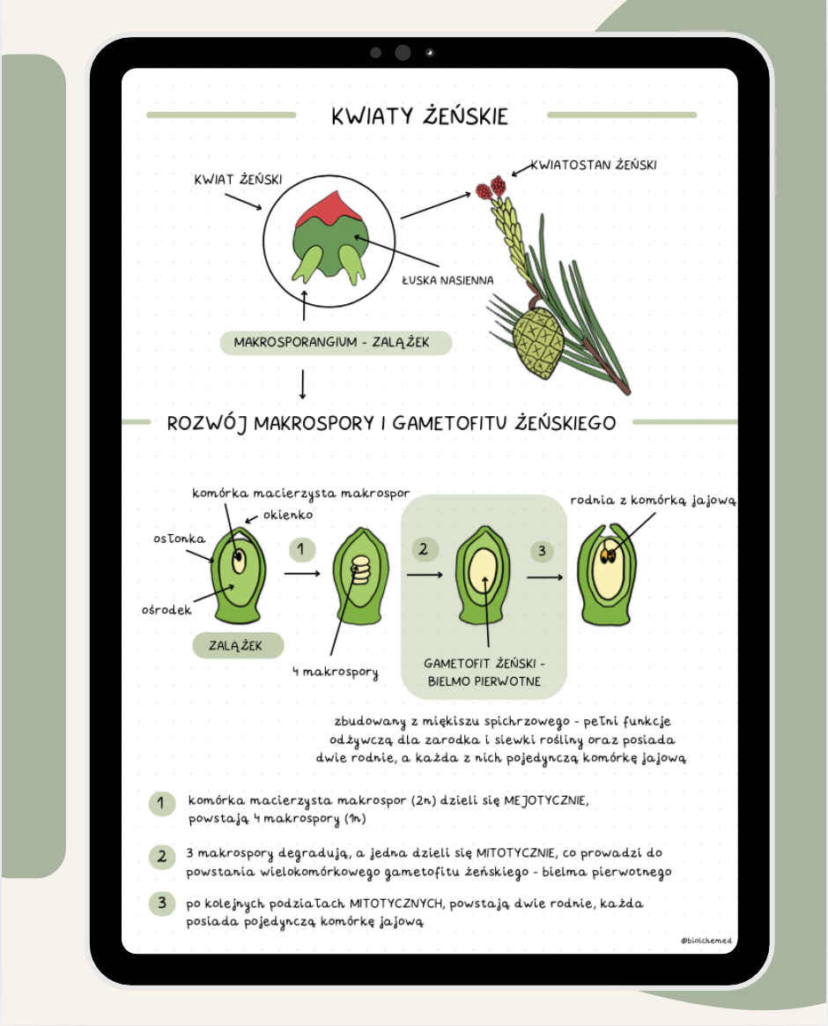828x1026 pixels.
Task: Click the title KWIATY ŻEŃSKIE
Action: [419, 116]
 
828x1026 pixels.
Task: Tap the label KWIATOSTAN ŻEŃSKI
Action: [594, 165]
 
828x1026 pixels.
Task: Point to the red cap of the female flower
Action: [321, 209]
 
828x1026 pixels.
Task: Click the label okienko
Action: [287, 515]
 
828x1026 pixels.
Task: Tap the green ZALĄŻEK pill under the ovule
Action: [238, 644]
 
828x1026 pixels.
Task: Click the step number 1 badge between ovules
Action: [301, 550]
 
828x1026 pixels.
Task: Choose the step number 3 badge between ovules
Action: [542, 551]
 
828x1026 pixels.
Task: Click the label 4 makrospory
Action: [336, 673]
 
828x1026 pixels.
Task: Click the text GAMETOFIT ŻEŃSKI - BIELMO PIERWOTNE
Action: [484, 672]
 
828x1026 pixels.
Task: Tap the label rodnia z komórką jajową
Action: [653, 500]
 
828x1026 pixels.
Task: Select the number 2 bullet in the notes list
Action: [162, 856]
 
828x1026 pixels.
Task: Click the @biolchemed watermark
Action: [706, 940]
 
